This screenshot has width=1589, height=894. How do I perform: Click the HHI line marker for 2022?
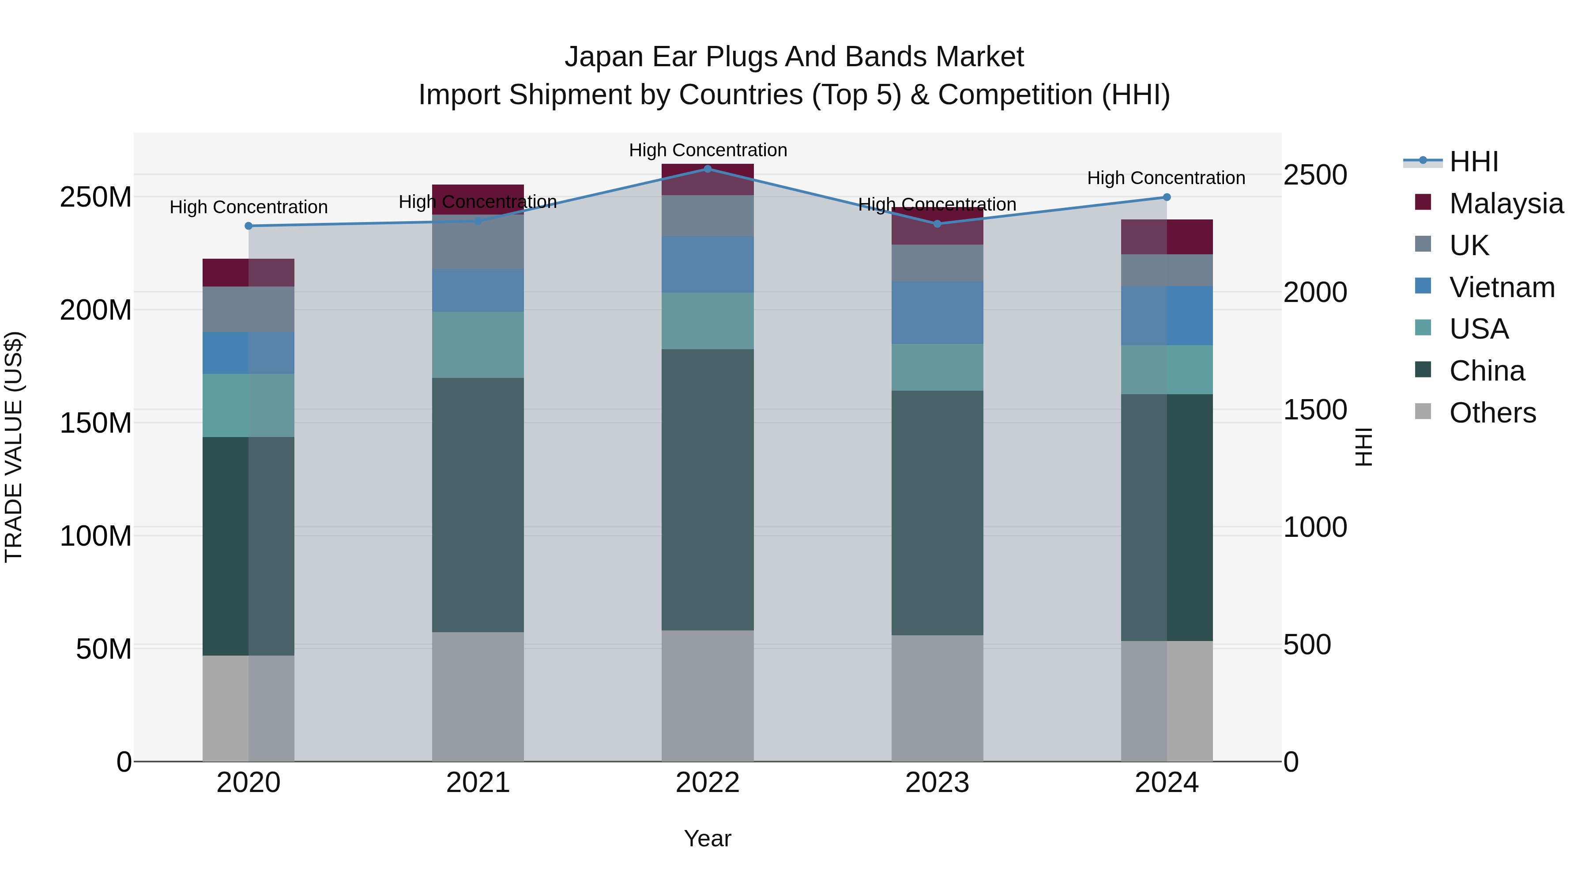click(x=708, y=169)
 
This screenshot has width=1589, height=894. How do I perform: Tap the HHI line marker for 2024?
click(x=1167, y=197)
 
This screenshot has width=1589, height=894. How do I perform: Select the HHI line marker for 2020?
click(x=249, y=226)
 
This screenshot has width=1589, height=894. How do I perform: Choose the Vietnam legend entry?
click(x=1502, y=287)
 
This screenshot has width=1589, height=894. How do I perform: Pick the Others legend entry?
click(x=1492, y=413)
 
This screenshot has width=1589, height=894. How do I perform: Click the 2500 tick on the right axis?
click(x=1315, y=175)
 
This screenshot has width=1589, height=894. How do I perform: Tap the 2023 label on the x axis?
click(x=937, y=783)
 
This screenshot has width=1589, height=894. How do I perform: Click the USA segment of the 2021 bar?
click(x=478, y=344)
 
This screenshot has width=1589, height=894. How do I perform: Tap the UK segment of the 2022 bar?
click(x=708, y=215)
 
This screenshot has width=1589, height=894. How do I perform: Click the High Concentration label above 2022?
click(x=708, y=150)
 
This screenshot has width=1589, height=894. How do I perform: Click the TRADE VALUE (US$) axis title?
click(x=14, y=447)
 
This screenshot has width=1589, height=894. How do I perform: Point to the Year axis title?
click(x=708, y=838)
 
